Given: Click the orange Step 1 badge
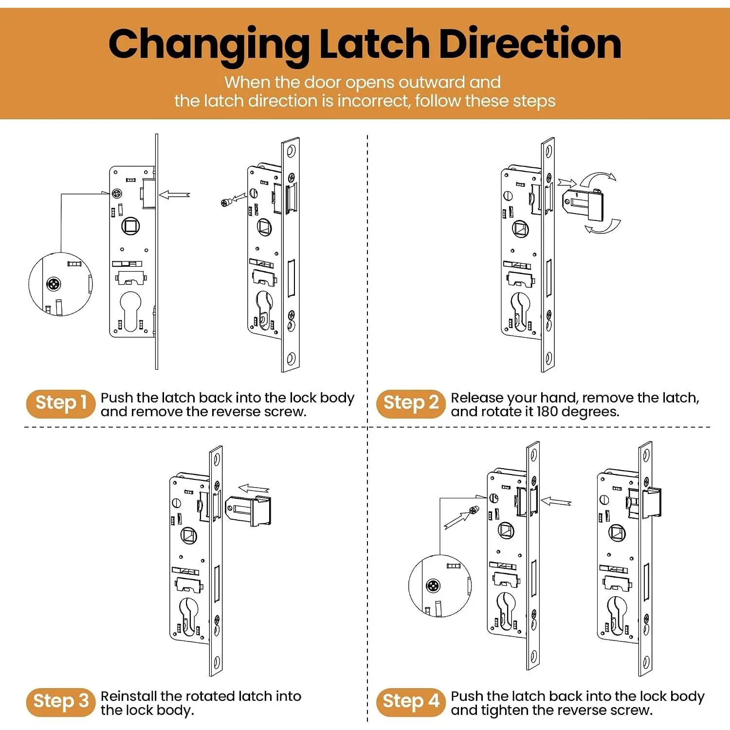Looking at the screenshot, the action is [61, 403].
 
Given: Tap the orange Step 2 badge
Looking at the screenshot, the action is [411, 403].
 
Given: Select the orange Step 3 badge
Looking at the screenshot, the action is [61, 702].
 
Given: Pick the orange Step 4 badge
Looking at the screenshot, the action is [411, 702].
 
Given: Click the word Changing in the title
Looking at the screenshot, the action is [209, 46].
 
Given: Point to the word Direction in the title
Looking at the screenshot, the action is [530, 44].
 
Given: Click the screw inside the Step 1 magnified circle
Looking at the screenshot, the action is [54, 284].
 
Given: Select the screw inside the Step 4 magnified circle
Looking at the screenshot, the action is [433, 585].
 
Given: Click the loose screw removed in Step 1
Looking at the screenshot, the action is [226, 202].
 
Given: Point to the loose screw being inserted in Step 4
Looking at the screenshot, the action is [473, 510].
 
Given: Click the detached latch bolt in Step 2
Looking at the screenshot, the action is [583, 206].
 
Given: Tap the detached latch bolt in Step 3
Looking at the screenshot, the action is [249, 511].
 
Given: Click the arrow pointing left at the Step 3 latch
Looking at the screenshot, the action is [254, 489].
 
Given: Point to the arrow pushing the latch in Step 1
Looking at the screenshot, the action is [174, 195].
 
